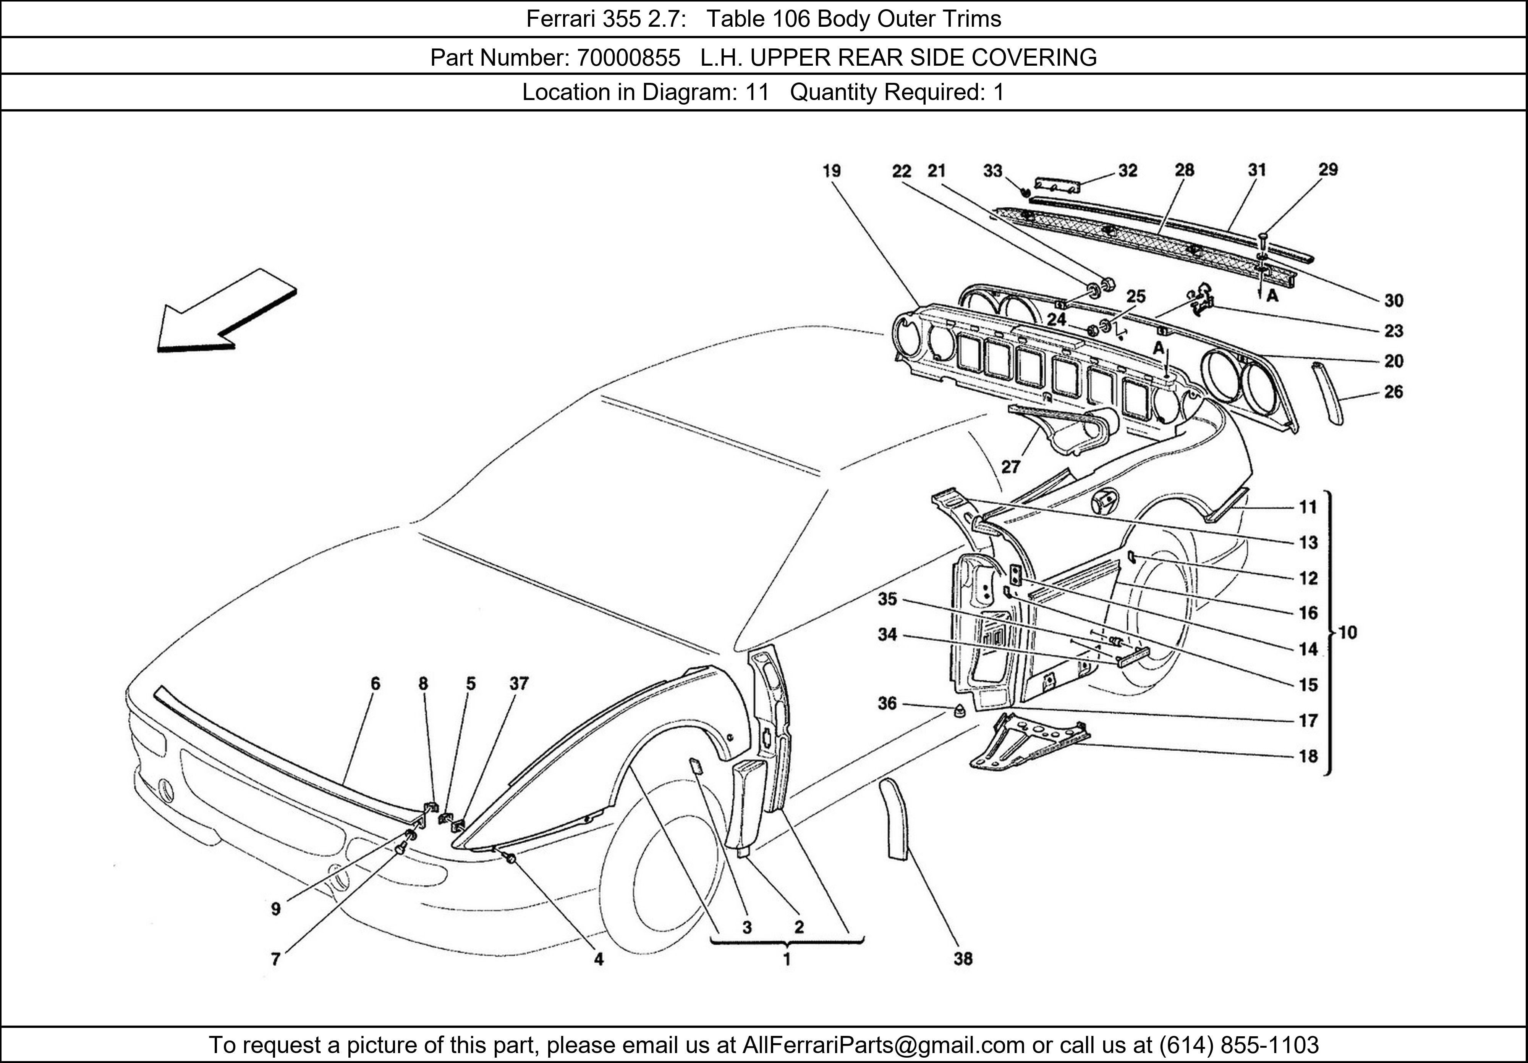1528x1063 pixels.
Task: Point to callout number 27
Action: tap(1010, 467)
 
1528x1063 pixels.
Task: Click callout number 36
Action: tap(887, 703)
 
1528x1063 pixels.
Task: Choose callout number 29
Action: tap(1328, 169)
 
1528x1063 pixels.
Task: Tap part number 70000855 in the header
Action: tap(628, 58)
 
